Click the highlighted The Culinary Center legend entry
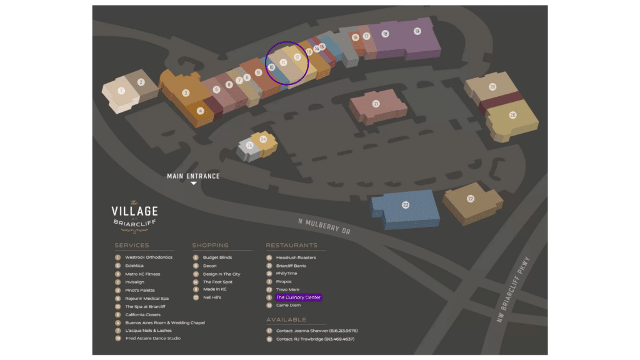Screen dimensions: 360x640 coord(298,297)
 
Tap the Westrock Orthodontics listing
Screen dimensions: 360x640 coord(148,257)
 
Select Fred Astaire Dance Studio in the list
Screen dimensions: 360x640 coord(152,338)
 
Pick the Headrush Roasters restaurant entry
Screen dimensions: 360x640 coord(296,257)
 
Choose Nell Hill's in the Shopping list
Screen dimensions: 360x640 coord(212,297)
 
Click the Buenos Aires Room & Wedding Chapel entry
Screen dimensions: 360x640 coord(164,322)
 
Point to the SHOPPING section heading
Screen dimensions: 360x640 coord(210,246)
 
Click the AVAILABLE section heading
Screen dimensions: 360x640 coord(286,320)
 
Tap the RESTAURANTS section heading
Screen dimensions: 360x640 coord(291,246)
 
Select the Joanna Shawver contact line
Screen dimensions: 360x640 coord(316,331)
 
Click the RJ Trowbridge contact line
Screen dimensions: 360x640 coord(315,339)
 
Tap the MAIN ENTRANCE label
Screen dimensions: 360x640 coord(193,176)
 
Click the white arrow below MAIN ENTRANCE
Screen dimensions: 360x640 coord(194,184)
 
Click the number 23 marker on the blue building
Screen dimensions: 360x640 coord(406,205)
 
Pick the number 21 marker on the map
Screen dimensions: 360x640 coord(376,104)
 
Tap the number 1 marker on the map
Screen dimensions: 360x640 coord(121,91)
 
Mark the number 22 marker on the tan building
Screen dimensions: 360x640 coord(471,199)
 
